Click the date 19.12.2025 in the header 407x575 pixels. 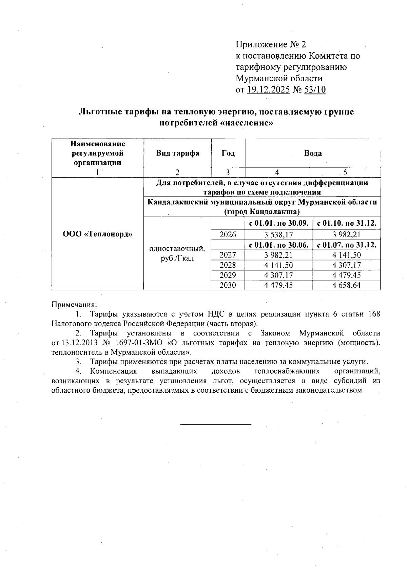point(268,90)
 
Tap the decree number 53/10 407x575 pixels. point(315,90)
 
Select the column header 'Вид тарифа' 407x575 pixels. point(177,153)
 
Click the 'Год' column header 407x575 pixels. point(228,153)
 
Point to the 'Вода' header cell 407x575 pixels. point(313,153)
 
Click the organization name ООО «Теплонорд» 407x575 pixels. point(97,234)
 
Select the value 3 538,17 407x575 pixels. point(278,234)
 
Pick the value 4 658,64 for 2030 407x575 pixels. point(346,285)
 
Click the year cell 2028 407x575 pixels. point(228,265)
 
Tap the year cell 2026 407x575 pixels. point(228,234)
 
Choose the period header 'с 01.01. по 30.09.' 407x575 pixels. point(278,224)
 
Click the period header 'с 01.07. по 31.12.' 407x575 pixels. point(346,244)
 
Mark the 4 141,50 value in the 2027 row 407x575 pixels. point(346,255)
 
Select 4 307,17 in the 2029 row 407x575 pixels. point(278,275)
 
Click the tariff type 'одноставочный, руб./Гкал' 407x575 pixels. point(177,253)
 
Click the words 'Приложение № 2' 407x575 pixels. point(271,44)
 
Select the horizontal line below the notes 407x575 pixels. point(216,424)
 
